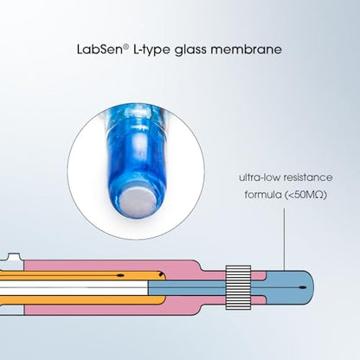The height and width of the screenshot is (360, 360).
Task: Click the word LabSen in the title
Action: pos(100,49)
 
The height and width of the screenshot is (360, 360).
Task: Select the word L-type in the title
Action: pos(151,49)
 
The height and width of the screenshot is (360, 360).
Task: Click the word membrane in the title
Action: pos(247,49)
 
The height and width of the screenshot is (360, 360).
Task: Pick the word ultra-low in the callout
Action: pos(260,177)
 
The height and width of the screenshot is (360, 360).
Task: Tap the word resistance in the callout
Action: pos(308,177)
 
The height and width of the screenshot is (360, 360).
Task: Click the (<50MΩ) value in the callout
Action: pos(305,195)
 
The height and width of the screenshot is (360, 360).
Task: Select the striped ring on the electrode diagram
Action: pos(238,287)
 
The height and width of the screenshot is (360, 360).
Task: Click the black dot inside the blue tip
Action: pos(302,287)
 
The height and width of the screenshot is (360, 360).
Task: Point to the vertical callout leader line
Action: pos(284,240)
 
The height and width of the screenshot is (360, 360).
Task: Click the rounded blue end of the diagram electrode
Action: pos(301,287)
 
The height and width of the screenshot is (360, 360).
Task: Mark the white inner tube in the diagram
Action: pos(74,287)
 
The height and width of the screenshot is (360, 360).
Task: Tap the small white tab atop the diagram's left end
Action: pos(14,256)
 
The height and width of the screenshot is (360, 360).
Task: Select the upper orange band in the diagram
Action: pos(82,275)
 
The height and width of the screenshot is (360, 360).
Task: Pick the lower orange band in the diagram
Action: pos(82,299)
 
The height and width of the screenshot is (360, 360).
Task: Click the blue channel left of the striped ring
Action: pos(186,287)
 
